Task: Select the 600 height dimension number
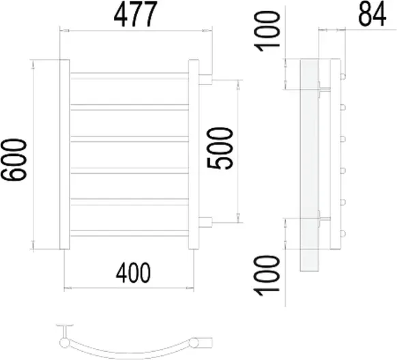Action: click(14, 160)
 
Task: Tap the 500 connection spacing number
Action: click(220, 148)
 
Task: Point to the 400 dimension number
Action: click(133, 273)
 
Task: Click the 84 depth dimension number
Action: click(372, 15)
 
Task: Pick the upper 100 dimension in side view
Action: click(267, 31)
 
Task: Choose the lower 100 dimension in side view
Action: click(267, 275)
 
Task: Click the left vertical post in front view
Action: click(65, 154)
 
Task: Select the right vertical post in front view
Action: click(194, 154)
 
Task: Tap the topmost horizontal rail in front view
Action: click(129, 76)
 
